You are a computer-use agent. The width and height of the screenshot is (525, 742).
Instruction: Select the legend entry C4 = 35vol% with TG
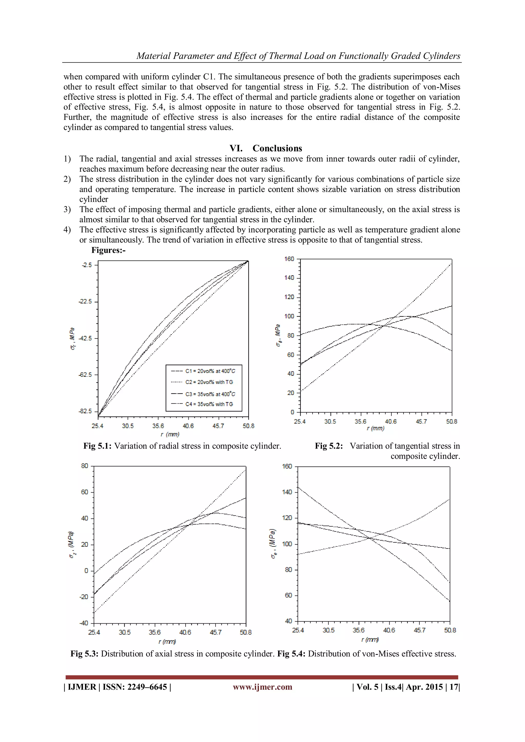pos(209,404)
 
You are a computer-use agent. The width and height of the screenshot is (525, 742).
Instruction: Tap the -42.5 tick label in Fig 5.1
pos(85,338)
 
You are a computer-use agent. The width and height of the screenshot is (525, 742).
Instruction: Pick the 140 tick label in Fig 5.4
pos(287,492)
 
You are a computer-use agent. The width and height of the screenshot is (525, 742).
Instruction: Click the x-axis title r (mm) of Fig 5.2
pos(375,429)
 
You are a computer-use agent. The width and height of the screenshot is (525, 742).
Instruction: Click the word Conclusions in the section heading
pos(277,148)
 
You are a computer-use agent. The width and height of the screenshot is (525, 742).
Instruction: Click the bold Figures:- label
pos(108,250)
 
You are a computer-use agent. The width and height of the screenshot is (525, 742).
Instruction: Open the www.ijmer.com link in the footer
pos(262,687)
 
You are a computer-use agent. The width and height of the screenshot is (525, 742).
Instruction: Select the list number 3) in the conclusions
pos(67,209)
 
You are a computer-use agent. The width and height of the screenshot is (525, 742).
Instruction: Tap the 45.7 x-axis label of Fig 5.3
pos(215,633)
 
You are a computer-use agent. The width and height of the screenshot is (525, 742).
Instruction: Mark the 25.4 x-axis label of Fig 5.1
pos(97,426)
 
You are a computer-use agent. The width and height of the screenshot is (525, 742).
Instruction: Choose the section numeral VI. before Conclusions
pos(236,148)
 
